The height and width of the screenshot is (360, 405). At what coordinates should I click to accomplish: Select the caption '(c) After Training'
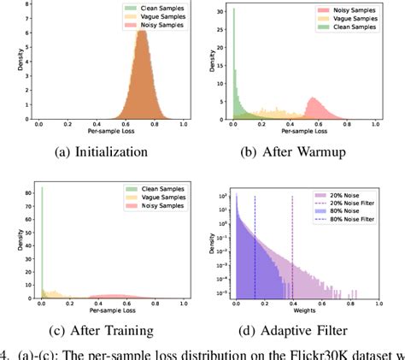pyautogui.click(x=103, y=330)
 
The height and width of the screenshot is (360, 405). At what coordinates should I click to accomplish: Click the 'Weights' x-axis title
pyautogui.click(x=304, y=313)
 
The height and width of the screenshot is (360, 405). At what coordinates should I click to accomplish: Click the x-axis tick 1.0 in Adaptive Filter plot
pyautogui.click(x=381, y=304)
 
